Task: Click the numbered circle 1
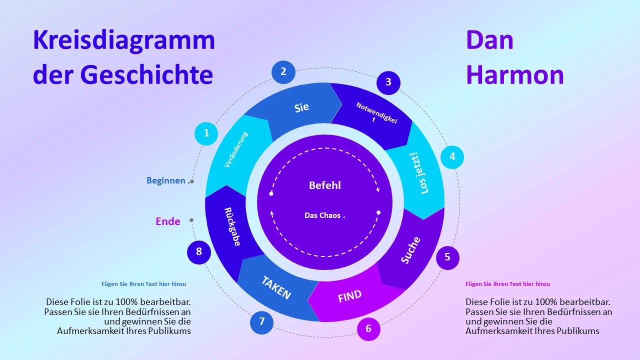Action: [206, 133]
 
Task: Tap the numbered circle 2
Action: [283, 72]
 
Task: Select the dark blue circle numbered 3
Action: [388, 83]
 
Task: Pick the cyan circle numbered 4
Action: [452, 157]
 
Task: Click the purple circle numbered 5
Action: [447, 257]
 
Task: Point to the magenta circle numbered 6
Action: [368, 329]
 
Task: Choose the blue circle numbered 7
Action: [261, 322]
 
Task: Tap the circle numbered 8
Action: [199, 252]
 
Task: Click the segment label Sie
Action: [301, 107]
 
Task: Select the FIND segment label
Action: [349, 296]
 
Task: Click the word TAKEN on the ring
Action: [276, 287]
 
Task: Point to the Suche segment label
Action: [410, 250]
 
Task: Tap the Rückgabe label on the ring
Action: [232, 227]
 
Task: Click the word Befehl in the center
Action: [325, 185]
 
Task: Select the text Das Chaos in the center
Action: [322, 215]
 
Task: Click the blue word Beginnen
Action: [166, 180]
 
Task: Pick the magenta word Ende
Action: [168, 221]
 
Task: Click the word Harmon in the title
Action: [515, 74]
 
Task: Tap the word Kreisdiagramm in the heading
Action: [123, 40]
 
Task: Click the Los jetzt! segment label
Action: [419, 173]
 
